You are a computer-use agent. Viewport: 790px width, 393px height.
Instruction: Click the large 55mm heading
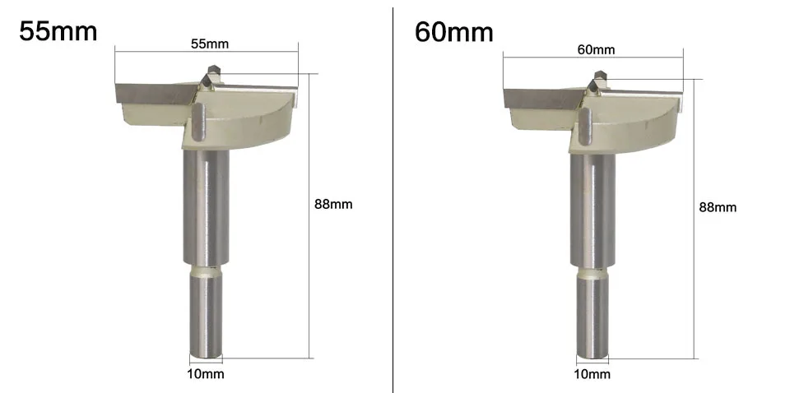click(58, 30)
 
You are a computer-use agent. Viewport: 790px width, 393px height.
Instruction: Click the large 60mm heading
click(454, 31)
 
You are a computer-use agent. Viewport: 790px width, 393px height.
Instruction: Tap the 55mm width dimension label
click(210, 44)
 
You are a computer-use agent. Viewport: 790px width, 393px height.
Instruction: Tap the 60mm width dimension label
click(596, 49)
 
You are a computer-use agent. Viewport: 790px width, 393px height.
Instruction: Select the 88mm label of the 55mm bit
click(333, 204)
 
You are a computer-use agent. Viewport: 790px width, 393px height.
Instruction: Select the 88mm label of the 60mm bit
click(718, 207)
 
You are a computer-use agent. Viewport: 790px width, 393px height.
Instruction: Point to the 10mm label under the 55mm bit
click(205, 374)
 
